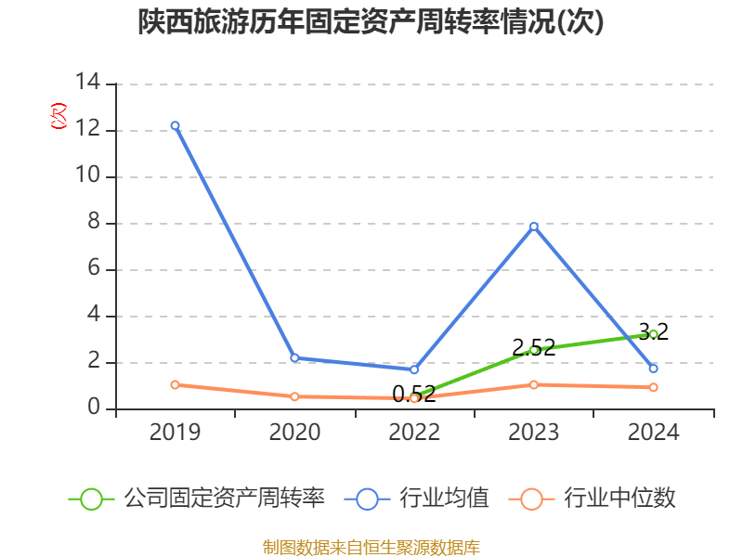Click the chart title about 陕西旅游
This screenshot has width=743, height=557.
pyautogui.click(x=371, y=22)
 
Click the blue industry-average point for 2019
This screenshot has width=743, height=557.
pyautogui.click(x=175, y=125)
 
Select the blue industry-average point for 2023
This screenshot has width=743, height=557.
pyautogui.click(x=534, y=226)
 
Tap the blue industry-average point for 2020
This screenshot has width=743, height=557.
pyautogui.click(x=294, y=357)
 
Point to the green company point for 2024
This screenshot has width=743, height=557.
pyautogui.click(x=654, y=333)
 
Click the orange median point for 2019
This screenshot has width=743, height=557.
pyautogui.click(x=175, y=384)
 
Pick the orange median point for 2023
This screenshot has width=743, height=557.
pyautogui.click(x=534, y=384)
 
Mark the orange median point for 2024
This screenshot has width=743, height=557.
pyautogui.click(x=654, y=387)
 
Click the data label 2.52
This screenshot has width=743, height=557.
pyautogui.click(x=534, y=348)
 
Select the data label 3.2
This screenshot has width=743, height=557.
pyautogui.click(x=654, y=331)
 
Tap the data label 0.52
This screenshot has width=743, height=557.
pyautogui.click(x=414, y=395)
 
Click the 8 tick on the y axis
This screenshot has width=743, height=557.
pyautogui.click(x=93, y=223)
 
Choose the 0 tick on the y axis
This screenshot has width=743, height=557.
pyautogui.click(x=93, y=408)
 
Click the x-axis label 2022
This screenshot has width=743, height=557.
pyautogui.click(x=414, y=432)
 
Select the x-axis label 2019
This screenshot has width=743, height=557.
pyautogui.click(x=175, y=432)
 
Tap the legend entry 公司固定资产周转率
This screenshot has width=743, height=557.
pyautogui.click(x=197, y=499)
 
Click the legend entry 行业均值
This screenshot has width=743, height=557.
pyautogui.click(x=418, y=499)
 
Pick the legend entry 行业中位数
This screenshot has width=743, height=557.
pyautogui.click(x=594, y=499)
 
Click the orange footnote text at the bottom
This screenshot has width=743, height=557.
pyautogui.click(x=371, y=547)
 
